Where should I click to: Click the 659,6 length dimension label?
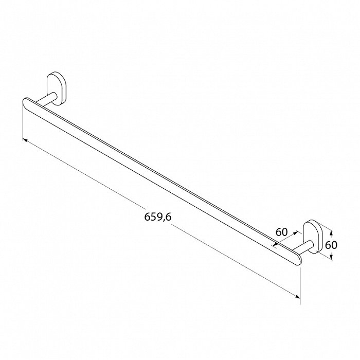point(158,217)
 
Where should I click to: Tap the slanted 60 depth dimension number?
point(281,232)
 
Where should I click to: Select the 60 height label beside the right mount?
point(331,245)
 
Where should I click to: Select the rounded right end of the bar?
point(298,259)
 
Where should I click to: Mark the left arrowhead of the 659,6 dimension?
point(25,140)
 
